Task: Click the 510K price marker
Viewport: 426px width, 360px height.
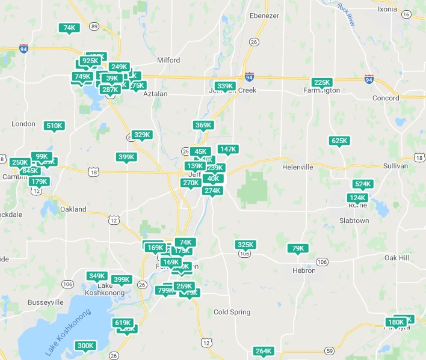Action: (54, 126)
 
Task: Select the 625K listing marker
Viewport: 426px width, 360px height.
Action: (339, 141)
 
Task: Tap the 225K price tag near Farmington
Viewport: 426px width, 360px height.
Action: (323, 82)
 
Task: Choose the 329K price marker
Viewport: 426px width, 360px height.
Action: (142, 135)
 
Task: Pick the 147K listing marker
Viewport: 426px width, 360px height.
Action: (228, 149)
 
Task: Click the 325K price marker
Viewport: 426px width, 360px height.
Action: (245, 245)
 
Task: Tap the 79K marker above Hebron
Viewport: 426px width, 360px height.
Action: (298, 248)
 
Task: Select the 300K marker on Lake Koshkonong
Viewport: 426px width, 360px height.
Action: (85, 346)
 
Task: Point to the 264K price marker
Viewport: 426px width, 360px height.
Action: (264, 351)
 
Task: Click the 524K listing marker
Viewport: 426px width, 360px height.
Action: (363, 184)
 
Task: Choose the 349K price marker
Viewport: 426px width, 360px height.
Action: (97, 276)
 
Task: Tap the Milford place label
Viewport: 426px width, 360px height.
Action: (168, 60)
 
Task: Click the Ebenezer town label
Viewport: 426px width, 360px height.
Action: (265, 16)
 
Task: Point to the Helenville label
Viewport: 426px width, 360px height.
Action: (300, 166)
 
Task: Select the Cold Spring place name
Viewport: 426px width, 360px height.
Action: (231, 312)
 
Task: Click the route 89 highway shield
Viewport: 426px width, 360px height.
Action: (94, 26)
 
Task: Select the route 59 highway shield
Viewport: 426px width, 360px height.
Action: (329, 350)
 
